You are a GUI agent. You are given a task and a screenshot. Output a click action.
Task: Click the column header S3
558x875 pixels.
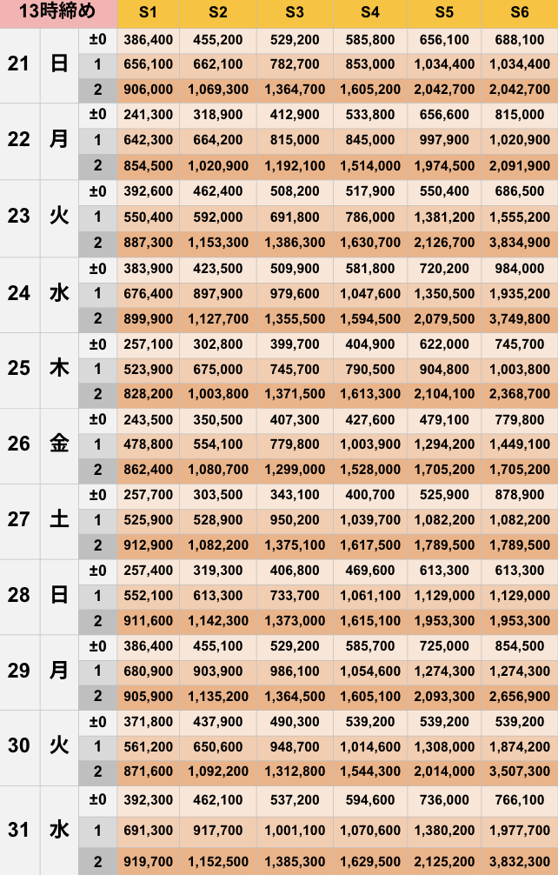(294, 13)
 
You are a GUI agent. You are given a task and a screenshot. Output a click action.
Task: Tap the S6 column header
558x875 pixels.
(520, 13)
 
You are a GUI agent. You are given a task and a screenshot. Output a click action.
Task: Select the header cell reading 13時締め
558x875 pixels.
(57, 13)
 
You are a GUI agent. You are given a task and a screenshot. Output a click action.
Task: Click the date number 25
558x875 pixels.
(19, 369)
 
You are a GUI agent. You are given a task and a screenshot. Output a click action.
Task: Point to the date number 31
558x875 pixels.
(19, 830)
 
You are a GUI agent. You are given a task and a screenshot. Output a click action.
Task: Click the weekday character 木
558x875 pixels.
(59, 369)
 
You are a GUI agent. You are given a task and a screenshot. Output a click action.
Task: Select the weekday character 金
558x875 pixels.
(59, 444)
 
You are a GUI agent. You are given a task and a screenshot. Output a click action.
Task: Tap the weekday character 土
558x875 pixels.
(59, 520)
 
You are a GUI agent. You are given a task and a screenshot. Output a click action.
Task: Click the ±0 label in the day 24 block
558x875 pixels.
(97, 268)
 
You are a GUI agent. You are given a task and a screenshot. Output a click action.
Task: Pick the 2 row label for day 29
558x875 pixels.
(97, 697)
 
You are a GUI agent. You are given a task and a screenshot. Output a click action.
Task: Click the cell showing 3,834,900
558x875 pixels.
(520, 243)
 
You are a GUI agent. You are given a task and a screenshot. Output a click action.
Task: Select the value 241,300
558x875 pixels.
(149, 115)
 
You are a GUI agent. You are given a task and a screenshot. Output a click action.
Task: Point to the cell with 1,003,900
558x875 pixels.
(369, 444)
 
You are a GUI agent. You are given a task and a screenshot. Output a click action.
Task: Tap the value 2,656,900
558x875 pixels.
(520, 697)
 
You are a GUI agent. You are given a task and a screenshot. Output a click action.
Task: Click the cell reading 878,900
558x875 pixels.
(520, 495)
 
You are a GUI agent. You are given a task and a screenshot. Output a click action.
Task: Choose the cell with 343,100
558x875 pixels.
(294, 495)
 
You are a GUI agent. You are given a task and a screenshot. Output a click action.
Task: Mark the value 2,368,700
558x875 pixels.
(520, 394)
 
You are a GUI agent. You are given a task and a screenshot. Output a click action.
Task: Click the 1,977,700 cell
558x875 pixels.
(520, 830)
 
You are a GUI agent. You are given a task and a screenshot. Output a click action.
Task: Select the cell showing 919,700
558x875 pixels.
(149, 861)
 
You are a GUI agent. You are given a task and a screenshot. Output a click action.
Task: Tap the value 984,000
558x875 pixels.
(520, 268)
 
